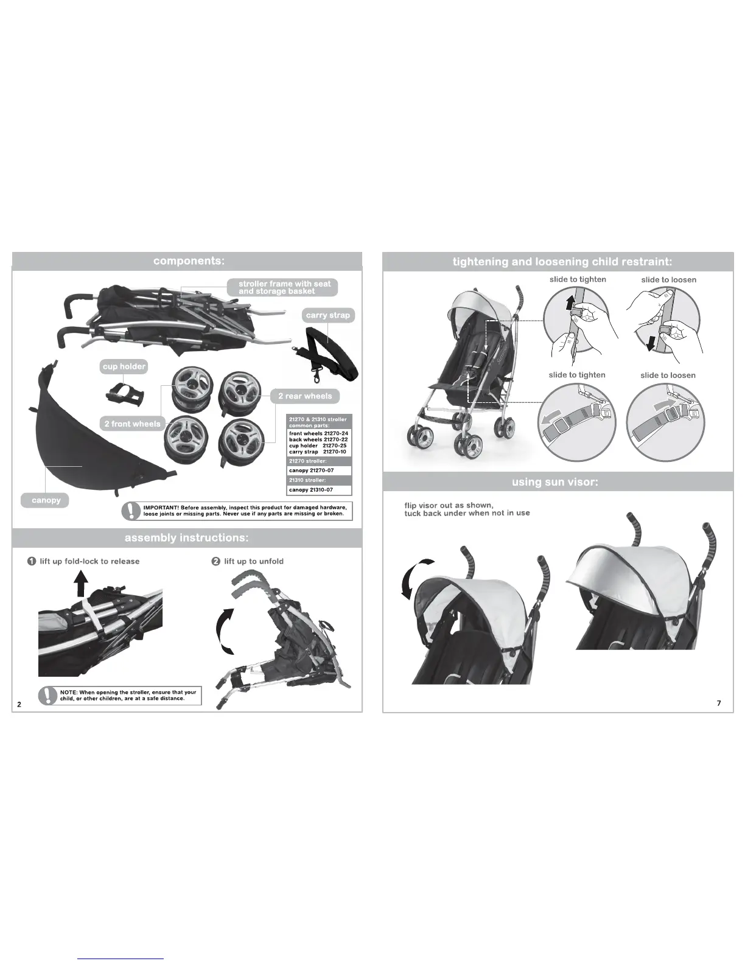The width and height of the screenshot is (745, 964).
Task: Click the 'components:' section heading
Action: pos(189,261)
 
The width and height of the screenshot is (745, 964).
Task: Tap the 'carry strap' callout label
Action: pos(328,315)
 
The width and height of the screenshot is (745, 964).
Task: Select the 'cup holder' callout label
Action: pos(124,366)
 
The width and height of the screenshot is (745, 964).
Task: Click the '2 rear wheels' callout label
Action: pos(305,396)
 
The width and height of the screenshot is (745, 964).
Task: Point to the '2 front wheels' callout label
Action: pos(132,424)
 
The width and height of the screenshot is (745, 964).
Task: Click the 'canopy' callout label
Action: pos(46,500)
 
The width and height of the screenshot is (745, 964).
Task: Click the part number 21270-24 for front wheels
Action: pos(336,433)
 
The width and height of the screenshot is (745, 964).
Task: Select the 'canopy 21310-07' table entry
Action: pos(311,490)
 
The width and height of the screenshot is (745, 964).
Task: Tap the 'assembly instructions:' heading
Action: pos(186,538)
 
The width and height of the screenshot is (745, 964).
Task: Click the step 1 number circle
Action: pos(32,561)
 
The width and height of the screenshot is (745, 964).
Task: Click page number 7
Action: pos(719,703)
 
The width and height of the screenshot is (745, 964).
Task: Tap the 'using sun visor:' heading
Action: pos(555,482)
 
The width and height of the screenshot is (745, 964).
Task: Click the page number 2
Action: pos(19,704)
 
